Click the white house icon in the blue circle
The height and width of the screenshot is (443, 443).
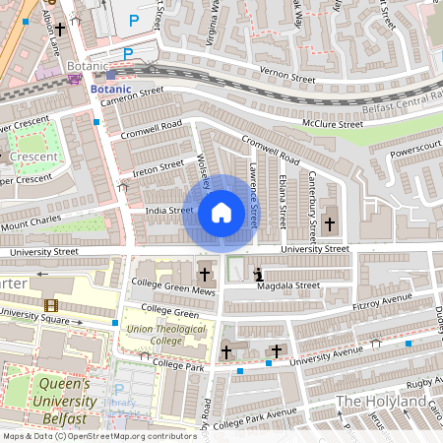click(221, 213)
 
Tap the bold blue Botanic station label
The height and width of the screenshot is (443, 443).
click(109, 88)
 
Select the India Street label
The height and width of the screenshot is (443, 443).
click(169, 210)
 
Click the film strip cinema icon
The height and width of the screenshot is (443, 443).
click(50, 306)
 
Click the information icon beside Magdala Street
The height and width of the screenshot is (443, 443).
click(258, 274)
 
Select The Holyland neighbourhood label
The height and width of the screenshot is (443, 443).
click(378, 402)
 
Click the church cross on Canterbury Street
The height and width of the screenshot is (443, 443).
click(329, 224)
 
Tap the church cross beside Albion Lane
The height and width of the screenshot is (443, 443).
click(59, 30)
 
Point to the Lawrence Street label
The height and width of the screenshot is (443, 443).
click(253, 197)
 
